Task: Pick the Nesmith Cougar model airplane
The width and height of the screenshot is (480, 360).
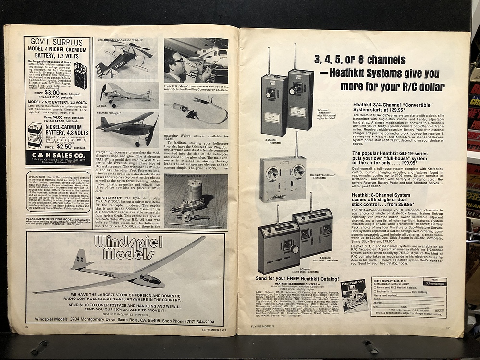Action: [126, 127]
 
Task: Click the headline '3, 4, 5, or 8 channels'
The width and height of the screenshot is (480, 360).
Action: [353, 60]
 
